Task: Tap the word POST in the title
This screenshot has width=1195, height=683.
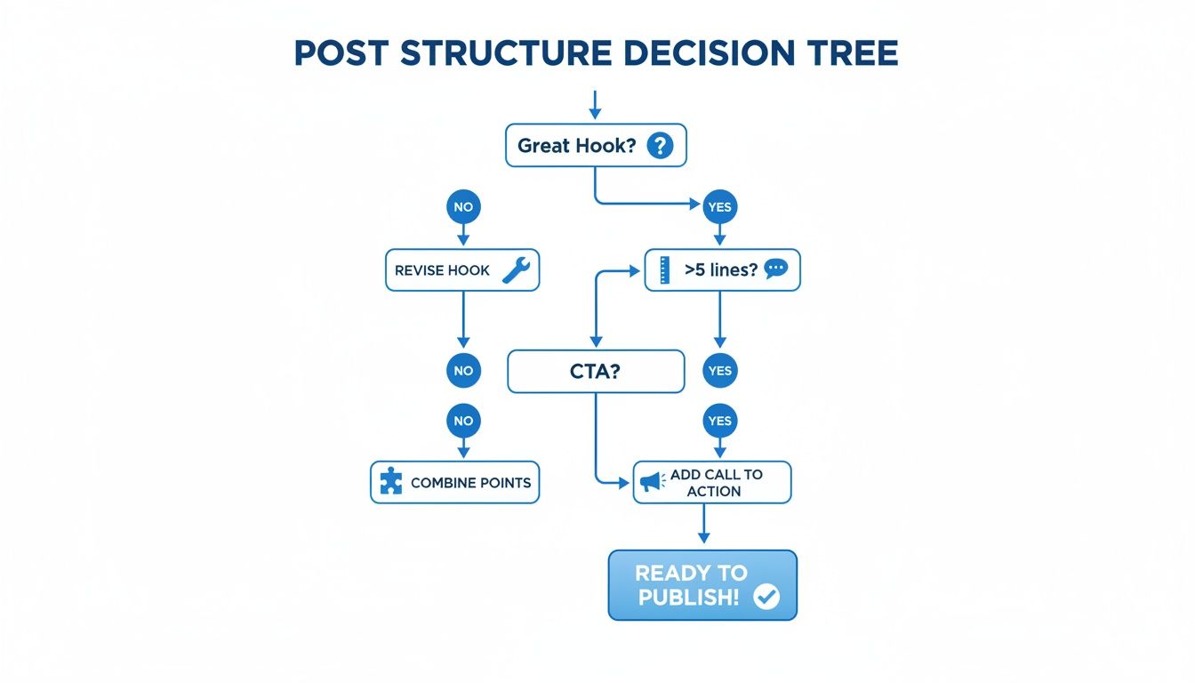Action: tap(341, 53)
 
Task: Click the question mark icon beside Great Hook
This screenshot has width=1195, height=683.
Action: tap(659, 145)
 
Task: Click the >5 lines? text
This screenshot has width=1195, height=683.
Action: tap(721, 269)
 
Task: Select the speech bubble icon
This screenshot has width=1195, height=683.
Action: tap(775, 269)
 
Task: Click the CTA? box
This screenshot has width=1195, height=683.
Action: tap(595, 371)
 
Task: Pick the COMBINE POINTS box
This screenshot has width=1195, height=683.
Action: tap(454, 483)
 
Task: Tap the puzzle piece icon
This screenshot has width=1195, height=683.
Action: tap(390, 483)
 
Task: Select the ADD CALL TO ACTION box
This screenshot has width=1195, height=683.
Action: tap(712, 482)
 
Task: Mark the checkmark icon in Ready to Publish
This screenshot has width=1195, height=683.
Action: tap(766, 597)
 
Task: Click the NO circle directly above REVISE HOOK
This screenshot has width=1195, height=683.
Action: tap(463, 207)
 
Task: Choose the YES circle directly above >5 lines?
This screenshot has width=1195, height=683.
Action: tap(719, 207)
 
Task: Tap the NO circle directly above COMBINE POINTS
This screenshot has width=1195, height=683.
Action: tap(463, 421)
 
